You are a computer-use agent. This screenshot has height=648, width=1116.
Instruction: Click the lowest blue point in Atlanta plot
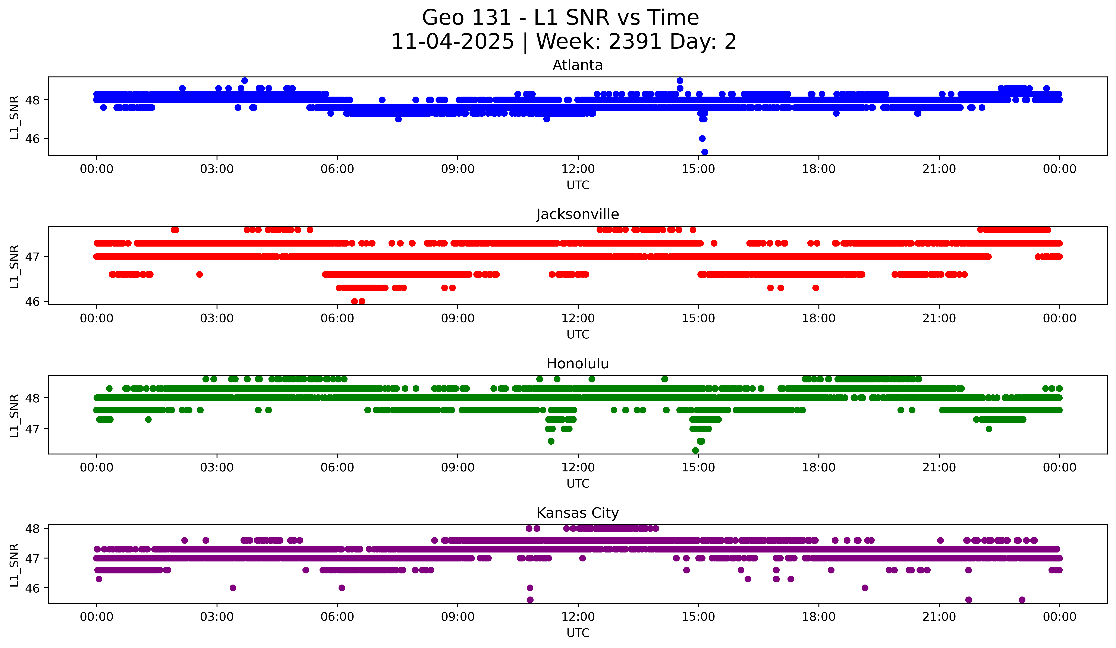tap(705, 152)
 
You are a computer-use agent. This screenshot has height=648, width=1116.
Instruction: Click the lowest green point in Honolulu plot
tap(695, 450)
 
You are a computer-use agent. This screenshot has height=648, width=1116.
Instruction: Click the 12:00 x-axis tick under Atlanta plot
tap(578, 169)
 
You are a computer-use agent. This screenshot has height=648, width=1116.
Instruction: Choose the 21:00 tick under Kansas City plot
tap(939, 617)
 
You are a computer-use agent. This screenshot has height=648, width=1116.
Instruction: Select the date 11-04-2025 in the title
tap(453, 42)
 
